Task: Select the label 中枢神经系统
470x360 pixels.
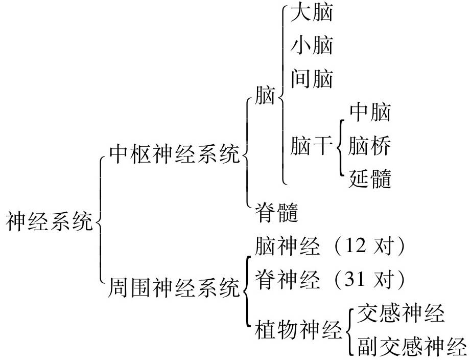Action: point(174,154)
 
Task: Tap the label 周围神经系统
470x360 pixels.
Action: point(174,288)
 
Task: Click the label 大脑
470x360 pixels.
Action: point(311,13)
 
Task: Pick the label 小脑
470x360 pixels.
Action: point(311,46)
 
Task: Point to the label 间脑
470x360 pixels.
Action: point(311,79)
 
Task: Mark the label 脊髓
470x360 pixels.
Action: point(276,212)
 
